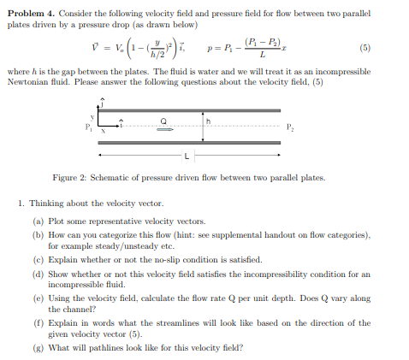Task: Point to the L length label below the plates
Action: pos(187,156)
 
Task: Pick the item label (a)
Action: pos(39,221)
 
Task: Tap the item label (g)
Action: pos(39,348)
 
